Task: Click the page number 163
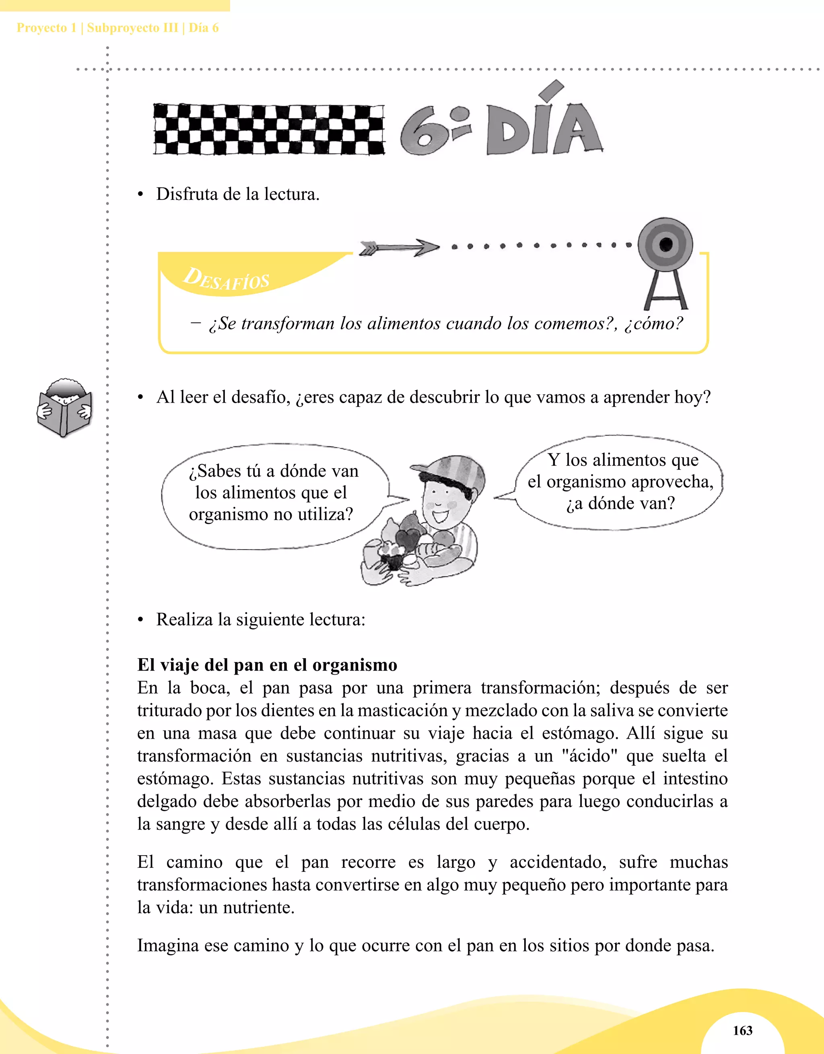pyautogui.click(x=742, y=1030)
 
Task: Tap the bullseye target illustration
pyautogui.click(x=665, y=245)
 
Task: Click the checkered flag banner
pyautogui.click(x=269, y=130)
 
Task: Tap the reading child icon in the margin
pyautogui.click(x=64, y=408)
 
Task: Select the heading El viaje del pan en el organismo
pyautogui.click(x=267, y=665)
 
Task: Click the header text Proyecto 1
pyautogui.click(x=46, y=28)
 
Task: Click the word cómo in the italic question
pyautogui.click(x=653, y=323)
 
